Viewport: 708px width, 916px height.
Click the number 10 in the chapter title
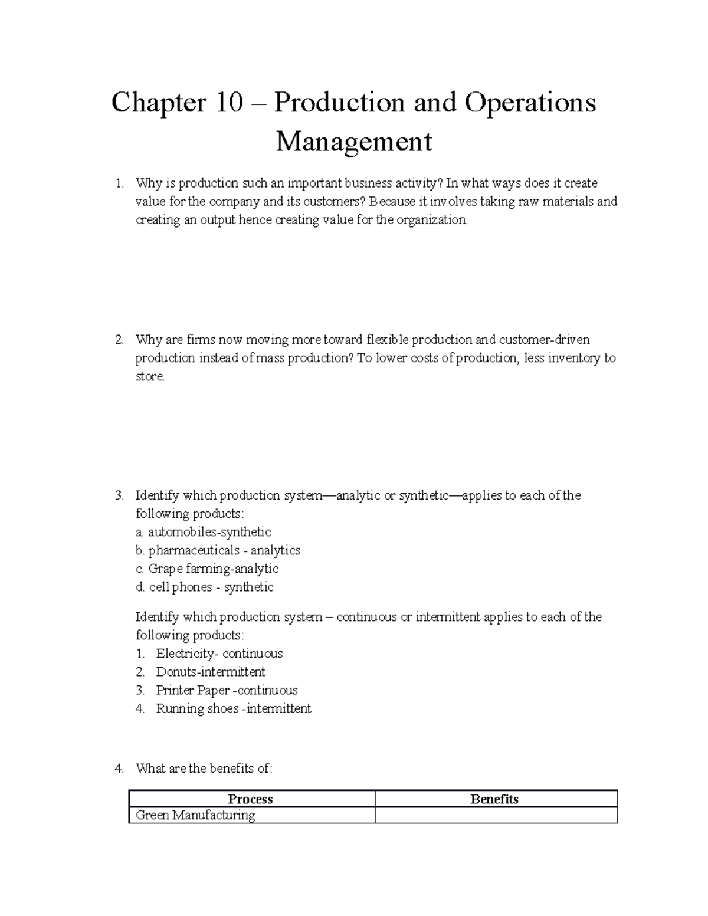point(229,104)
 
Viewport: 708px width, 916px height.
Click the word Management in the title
point(354,142)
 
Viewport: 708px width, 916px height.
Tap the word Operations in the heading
point(530,104)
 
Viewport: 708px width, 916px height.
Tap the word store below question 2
point(149,376)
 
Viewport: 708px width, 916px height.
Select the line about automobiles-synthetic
point(204,532)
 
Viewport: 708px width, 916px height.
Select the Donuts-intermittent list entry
point(211,672)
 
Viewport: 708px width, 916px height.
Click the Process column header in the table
point(250,799)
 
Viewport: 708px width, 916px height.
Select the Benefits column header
point(494,799)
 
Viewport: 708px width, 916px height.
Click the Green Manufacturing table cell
point(195,815)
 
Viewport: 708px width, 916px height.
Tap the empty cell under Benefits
point(496,815)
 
